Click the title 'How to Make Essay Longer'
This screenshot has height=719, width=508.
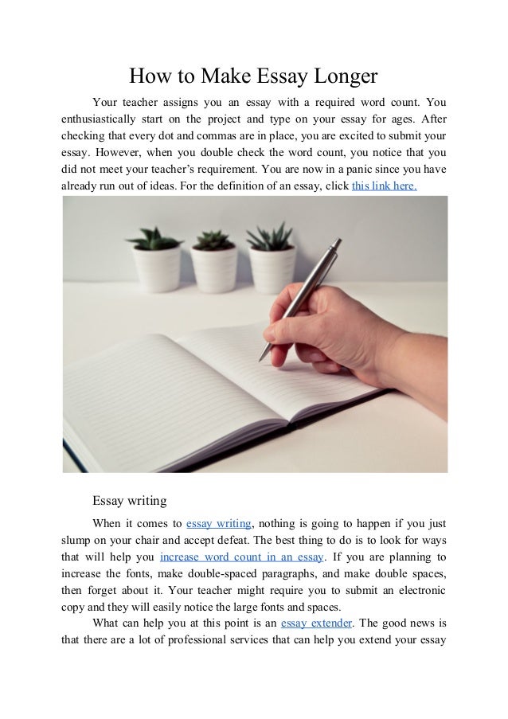coord(253,76)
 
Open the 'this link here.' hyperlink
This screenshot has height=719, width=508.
coord(384,186)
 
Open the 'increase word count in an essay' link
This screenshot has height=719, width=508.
coord(240,557)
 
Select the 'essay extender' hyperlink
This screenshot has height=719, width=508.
coord(316,623)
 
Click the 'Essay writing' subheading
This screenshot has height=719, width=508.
coord(129,501)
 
